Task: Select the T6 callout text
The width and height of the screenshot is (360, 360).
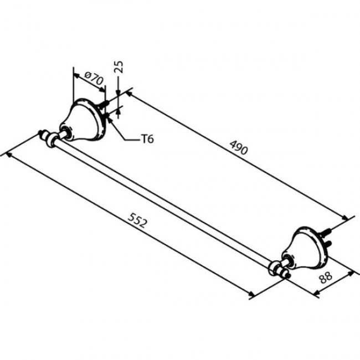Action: (x=146, y=139)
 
